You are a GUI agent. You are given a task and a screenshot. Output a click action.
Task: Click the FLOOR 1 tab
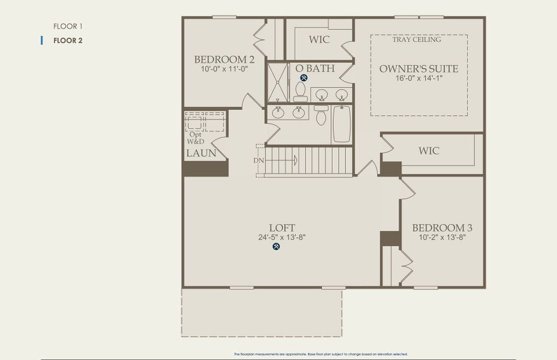(68, 26)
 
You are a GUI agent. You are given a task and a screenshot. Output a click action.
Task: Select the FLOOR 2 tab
(68, 41)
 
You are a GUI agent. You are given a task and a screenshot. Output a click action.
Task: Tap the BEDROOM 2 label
(224, 59)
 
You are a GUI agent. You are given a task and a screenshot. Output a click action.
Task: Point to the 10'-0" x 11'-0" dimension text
(224, 69)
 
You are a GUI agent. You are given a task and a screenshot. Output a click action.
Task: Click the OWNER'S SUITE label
(418, 69)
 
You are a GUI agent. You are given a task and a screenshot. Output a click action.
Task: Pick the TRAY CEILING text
(417, 40)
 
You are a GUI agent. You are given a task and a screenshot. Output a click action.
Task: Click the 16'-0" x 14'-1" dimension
(418, 79)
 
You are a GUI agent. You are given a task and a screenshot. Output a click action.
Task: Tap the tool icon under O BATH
(303, 77)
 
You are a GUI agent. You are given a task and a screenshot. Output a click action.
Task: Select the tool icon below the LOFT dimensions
(276, 246)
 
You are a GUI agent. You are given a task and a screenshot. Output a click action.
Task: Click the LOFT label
(282, 228)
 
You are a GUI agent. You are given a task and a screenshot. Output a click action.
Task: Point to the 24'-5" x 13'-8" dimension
(282, 237)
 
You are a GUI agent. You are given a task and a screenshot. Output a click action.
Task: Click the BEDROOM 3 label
(442, 228)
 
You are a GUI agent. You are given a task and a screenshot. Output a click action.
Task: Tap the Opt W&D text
(196, 138)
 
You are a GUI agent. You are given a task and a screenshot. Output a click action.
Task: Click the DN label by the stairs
(258, 161)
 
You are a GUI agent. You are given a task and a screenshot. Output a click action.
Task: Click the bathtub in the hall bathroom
(341, 124)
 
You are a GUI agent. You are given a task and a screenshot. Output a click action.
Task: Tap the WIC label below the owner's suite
(428, 151)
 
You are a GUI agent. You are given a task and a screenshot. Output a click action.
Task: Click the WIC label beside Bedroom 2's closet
(320, 40)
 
